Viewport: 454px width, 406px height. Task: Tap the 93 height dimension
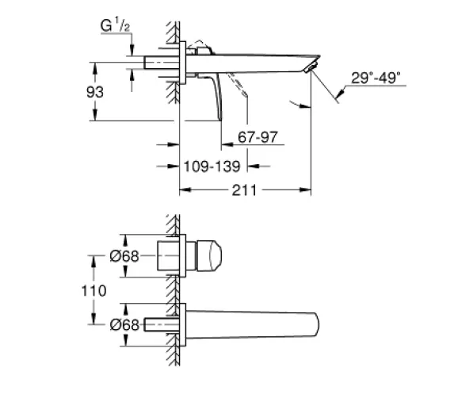pos(95,92)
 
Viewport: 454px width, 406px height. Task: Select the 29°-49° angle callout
pos(376,78)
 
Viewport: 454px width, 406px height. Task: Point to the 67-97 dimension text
pos(258,136)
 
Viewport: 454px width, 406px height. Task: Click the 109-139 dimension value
pos(212,167)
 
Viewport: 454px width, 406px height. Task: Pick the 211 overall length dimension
pos(244,190)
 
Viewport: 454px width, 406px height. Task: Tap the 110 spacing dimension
pos(93,291)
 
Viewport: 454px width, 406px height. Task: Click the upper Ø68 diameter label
pos(124,256)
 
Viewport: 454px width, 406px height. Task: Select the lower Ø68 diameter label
pos(124,325)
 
